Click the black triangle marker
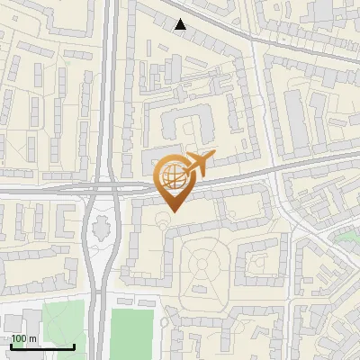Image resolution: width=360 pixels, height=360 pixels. (x=181, y=24)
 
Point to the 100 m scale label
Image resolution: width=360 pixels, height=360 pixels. (x=24, y=338)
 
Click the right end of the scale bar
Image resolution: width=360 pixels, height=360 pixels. (x=75, y=346)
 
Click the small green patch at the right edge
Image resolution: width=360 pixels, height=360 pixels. (x=346, y=236)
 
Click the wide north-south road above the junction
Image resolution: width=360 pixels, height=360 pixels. (x=111, y=90)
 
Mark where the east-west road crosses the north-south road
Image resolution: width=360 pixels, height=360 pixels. (x=109, y=187)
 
